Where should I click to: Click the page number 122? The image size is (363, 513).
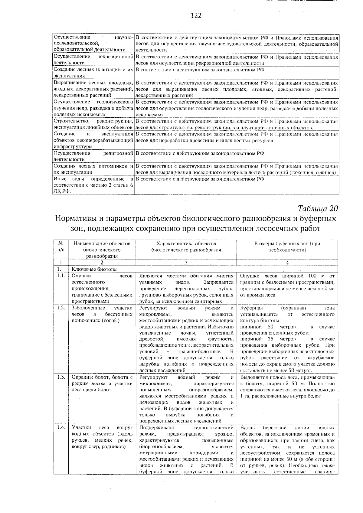click(196, 16)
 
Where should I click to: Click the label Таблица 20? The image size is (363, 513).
click(317, 208)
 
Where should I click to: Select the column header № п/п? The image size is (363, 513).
click(60, 247)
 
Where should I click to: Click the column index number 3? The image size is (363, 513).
click(186, 263)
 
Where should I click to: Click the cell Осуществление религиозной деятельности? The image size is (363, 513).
click(93, 156)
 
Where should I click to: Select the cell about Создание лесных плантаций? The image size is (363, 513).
click(93, 73)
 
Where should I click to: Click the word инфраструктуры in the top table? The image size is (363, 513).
click(73, 147)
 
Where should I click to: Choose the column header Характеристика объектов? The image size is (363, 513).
click(186, 247)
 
